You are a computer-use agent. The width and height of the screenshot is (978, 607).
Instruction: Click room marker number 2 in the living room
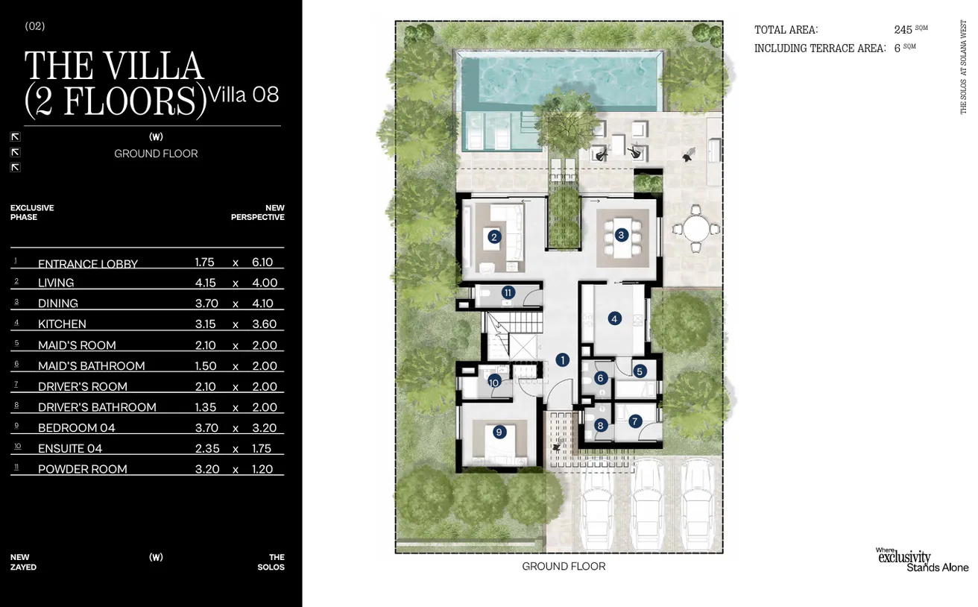[493, 237]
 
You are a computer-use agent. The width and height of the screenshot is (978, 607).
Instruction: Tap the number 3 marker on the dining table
[622, 235]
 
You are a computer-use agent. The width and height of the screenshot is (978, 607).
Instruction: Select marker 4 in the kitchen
[614, 319]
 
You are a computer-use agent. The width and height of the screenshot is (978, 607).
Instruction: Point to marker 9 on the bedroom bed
[499, 432]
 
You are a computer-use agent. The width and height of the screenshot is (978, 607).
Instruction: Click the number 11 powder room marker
[508, 292]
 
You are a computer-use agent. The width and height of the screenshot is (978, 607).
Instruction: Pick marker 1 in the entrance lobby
[562, 360]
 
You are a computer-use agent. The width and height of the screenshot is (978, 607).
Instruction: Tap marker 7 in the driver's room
[634, 421]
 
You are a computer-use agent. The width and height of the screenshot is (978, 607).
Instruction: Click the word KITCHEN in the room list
[62, 324]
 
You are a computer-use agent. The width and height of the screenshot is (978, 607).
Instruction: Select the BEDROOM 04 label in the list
[77, 428]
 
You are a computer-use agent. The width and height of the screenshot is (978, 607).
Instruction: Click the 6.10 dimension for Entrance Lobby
[262, 262]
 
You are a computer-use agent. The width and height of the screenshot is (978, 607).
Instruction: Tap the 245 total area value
[903, 30]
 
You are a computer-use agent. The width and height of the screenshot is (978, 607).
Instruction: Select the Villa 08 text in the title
[245, 95]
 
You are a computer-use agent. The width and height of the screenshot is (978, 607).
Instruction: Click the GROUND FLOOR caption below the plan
[564, 567]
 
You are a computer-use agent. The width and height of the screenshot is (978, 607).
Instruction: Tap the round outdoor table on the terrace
[695, 228]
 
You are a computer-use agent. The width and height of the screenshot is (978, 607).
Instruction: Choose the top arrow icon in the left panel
[15, 136]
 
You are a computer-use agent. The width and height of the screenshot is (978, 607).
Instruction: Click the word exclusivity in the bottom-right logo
[904, 557]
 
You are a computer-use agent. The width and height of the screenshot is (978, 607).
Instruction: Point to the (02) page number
[35, 26]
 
